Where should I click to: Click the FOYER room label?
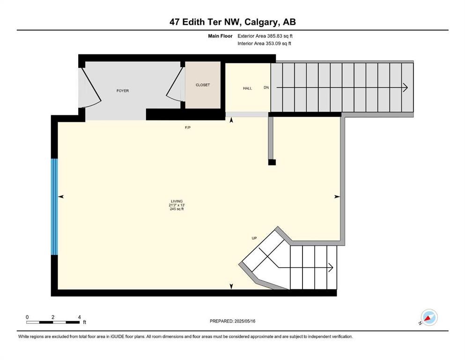(x=122, y=90)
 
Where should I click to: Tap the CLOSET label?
(x=203, y=85)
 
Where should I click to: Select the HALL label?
(x=247, y=88)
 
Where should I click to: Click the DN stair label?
(x=266, y=88)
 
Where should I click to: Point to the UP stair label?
(x=254, y=238)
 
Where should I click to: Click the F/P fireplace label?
(x=188, y=127)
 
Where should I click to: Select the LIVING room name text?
(x=177, y=201)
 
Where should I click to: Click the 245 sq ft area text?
(x=177, y=209)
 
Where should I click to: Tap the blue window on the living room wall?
(x=54, y=206)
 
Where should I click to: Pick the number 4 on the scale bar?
(x=79, y=317)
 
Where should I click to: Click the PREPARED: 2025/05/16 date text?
(x=232, y=321)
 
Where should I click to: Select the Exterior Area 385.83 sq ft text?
(x=265, y=36)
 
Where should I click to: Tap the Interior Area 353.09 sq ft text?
(x=264, y=44)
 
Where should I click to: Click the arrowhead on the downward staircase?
(x=405, y=88)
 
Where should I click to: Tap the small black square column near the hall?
(x=272, y=162)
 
